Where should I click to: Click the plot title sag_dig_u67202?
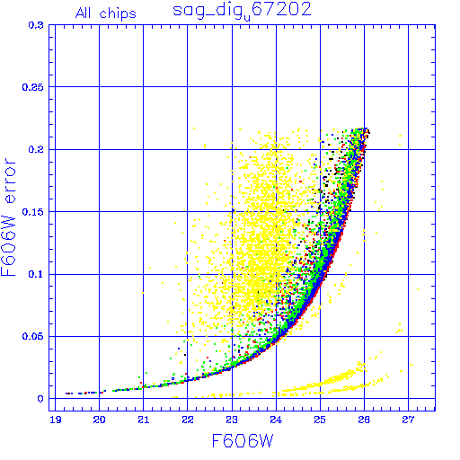[x=242, y=11]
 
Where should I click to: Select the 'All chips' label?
[x=106, y=13]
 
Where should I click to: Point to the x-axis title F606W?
[x=243, y=441]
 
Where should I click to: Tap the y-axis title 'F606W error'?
[x=8, y=217]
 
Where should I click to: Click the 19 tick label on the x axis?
[x=56, y=420]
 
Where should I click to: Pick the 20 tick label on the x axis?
[x=99, y=420]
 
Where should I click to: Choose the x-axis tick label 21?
[x=144, y=420]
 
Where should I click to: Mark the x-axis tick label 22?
[x=188, y=420]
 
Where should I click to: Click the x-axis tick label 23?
[x=232, y=420]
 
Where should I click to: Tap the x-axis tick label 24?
[x=276, y=420]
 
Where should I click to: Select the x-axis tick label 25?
[x=320, y=420]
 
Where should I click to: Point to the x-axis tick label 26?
[x=364, y=420]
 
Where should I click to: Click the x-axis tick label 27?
[x=408, y=420]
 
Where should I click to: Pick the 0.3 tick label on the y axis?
[x=36, y=25]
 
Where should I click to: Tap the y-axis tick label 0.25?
[x=33, y=87]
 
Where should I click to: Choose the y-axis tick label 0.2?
[x=36, y=149]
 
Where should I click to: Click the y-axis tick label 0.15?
[x=33, y=212]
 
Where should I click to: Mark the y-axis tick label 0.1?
[x=36, y=274]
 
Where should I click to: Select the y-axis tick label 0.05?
[x=33, y=336]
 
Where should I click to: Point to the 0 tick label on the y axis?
[x=40, y=399]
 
